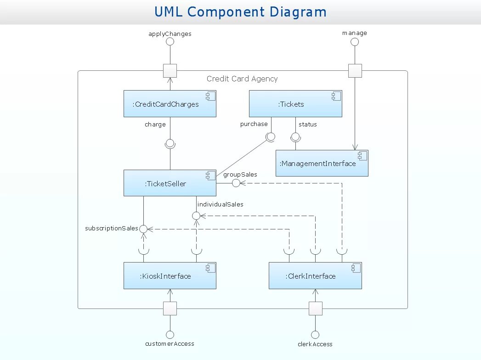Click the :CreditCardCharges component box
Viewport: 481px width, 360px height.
point(170,104)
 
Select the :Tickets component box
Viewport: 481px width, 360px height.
point(295,104)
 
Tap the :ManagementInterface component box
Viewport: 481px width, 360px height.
point(322,163)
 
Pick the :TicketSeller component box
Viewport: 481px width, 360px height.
point(170,183)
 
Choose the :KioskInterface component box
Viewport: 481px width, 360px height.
point(170,275)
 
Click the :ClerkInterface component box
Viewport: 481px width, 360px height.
point(315,275)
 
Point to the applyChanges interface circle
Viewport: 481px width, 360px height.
point(170,42)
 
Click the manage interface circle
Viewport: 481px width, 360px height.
point(355,42)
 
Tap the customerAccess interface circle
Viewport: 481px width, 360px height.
point(170,335)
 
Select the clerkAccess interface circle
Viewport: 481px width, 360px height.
point(315,335)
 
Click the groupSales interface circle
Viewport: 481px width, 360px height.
point(236,183)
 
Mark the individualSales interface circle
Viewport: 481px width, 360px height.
point(196,216)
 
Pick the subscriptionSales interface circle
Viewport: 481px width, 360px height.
point(143,229)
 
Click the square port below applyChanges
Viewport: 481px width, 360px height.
point(170,71)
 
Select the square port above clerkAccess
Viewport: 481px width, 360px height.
point(315,309)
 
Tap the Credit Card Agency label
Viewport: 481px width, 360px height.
point(242,79)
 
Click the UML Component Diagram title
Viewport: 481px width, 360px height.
point(241,12)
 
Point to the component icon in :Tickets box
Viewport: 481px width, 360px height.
point(336,96)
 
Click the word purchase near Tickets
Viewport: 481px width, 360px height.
point(254,124)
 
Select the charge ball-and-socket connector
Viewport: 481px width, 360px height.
point(170,143)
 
